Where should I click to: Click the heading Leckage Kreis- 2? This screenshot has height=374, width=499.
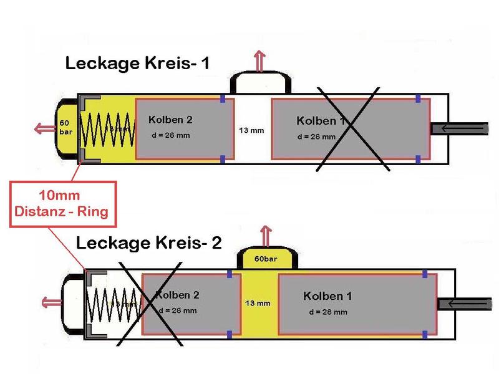(x=149, y=242)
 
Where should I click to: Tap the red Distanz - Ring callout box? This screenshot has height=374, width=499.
(x=61, y=204)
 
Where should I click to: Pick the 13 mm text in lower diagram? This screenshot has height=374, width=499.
(x=258, y=304)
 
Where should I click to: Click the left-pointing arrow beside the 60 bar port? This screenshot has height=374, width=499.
(x=44, y=128)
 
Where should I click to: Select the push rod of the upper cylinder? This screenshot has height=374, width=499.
(x=460, y=128)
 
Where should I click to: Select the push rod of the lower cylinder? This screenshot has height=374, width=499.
(x=467, y=304)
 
